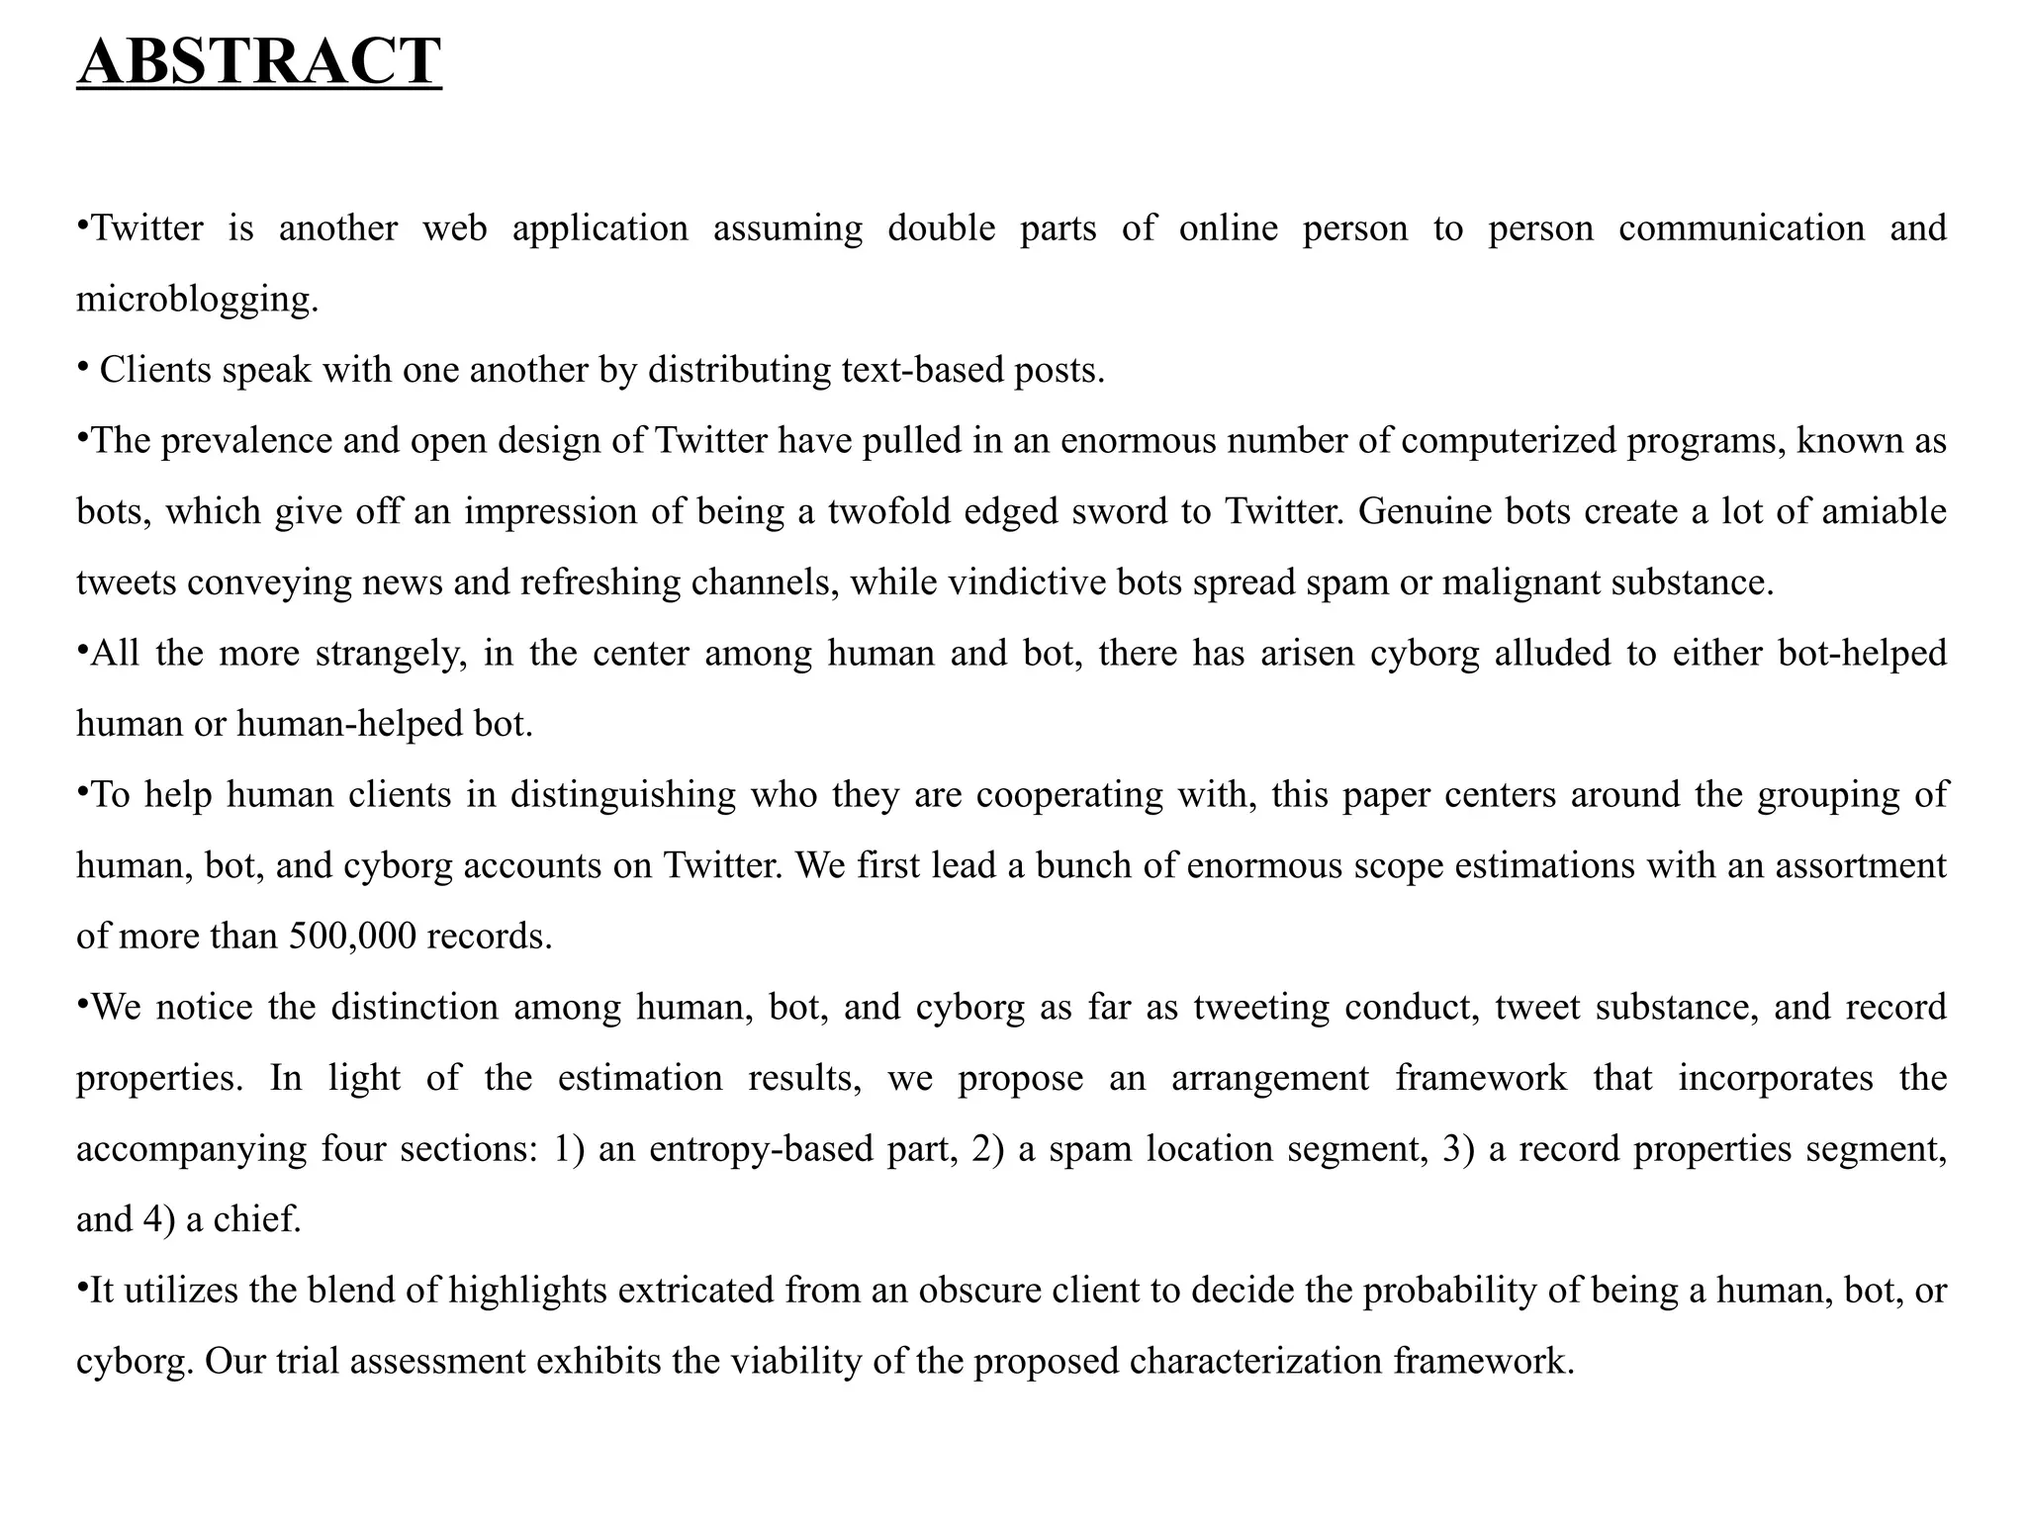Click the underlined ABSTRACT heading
(259, 61)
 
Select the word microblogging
(197, 299)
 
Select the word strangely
(391, 654)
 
